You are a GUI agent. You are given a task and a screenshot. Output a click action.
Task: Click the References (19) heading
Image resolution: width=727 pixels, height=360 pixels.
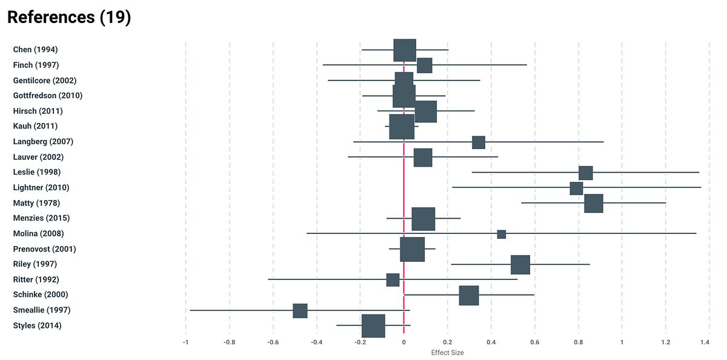69,18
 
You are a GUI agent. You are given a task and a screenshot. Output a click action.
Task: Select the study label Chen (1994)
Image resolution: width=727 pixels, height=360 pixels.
35,50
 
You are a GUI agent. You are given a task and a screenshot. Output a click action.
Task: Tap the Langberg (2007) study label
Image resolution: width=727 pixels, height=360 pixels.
43,142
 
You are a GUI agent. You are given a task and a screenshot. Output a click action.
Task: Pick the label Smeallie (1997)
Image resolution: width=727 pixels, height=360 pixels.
42,310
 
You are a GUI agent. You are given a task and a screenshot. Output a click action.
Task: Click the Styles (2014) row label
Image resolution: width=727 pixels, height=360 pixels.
37,326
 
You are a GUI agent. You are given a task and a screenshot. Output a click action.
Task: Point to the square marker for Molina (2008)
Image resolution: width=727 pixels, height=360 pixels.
501,234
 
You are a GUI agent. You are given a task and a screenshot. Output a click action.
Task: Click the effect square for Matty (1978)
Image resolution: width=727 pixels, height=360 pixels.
593,203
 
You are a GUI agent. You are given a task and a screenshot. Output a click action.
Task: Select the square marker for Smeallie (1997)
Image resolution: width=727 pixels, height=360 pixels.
300,310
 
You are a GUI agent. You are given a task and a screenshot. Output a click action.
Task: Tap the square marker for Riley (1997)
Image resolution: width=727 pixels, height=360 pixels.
520,264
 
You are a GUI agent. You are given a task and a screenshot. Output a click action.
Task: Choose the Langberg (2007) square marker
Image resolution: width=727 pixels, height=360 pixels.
478,142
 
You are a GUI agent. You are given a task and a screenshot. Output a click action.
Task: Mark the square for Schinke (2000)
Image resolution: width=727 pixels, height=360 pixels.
468,295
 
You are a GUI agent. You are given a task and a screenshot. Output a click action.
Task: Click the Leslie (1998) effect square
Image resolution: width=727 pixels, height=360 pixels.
585,173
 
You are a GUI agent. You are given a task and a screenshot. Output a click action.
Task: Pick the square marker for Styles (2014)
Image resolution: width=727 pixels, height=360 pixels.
373,325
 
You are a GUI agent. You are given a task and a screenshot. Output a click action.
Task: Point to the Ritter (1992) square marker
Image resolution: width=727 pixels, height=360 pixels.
393,279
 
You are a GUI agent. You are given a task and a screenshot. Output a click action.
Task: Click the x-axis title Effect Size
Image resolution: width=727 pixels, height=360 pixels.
447,353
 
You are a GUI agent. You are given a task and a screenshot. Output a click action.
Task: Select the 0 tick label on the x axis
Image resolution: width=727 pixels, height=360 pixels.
403,342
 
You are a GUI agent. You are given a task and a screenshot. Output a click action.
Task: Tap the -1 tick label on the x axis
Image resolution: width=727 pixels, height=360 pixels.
185,342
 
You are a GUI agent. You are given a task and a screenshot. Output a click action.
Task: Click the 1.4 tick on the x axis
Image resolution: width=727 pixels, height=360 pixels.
705,342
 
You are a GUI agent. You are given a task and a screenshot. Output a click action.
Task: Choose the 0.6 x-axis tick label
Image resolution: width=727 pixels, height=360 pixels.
534,342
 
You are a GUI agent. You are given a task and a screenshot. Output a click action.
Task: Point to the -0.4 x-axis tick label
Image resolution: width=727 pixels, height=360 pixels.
316,342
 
